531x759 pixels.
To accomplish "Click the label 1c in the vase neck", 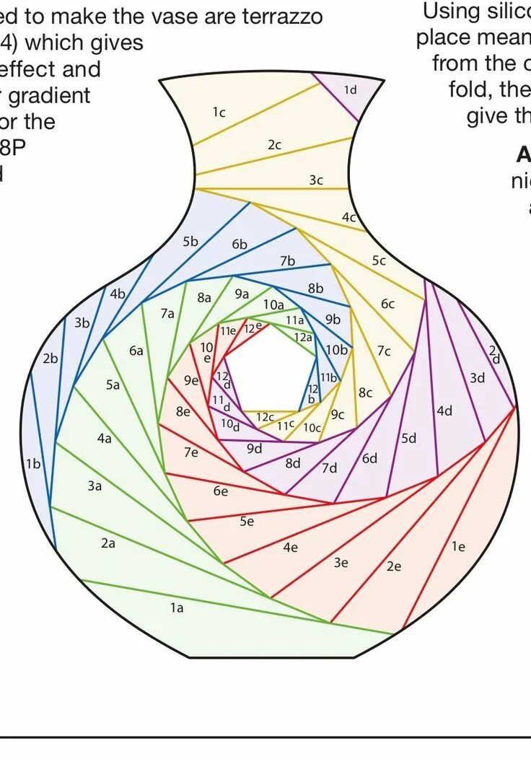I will point(219,112).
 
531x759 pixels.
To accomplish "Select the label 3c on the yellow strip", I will point(316,180).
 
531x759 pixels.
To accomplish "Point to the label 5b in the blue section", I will point(190,242).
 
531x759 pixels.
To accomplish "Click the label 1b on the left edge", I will point(34,464).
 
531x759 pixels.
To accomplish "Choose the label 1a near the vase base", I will point(177,607).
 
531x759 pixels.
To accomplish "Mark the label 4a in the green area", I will point(105,438).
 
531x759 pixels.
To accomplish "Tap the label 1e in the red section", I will point(458,546).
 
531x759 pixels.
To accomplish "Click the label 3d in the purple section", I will point(477,377).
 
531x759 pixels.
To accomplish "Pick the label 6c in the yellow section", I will point(388,304).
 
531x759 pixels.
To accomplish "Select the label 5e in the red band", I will point(247,521).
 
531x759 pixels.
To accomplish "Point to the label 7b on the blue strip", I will point(288,261).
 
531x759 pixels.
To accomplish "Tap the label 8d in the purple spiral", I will point(293,463).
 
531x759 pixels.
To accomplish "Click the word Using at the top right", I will point(450,11).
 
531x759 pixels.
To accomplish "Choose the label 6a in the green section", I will point(136,351).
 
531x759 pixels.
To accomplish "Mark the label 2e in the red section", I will point(393,566).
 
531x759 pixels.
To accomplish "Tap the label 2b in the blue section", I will point(51,358).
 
